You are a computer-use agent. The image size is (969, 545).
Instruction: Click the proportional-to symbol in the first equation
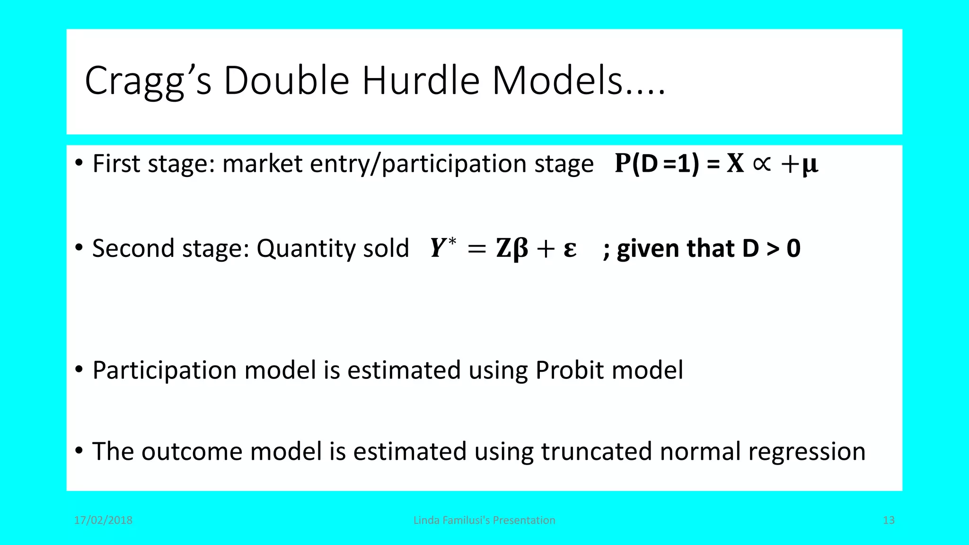tap(761, 164)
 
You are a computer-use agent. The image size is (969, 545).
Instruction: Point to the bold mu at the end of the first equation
tap(810, 165)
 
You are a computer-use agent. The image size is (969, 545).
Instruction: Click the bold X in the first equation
tap(735, 164)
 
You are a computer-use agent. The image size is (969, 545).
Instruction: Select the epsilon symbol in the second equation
tap(570, 248)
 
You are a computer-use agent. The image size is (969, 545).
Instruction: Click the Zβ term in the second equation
tap(511, 248)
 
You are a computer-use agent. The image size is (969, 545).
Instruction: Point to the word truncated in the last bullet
tap(596, 451)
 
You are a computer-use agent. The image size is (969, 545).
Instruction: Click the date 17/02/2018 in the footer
tap(103, 520)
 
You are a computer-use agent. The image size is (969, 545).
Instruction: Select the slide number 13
tap(889, 520)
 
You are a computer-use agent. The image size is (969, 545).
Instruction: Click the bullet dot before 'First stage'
tap(79, 163)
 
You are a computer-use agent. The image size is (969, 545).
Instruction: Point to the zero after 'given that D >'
tap(793, 248)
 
